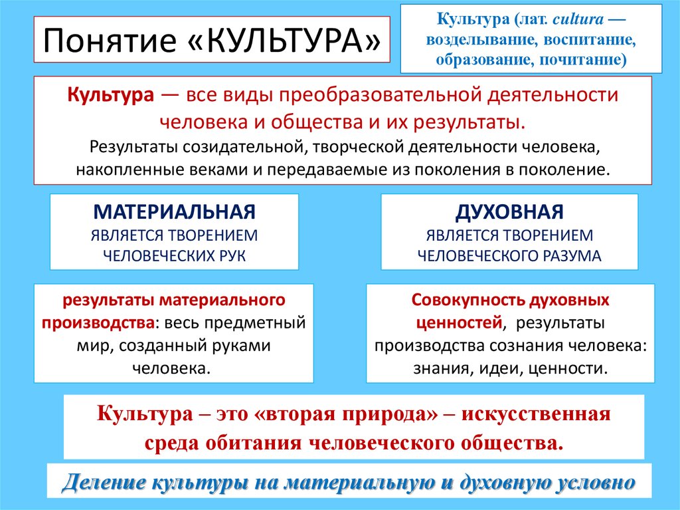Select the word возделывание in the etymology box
[478, 41]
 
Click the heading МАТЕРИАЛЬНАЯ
[174, 213]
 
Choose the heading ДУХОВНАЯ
[509, 213]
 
